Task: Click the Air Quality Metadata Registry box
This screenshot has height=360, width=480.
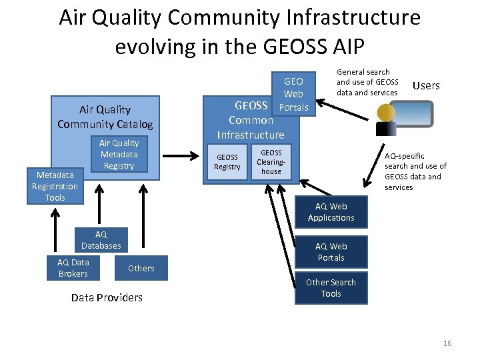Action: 119,155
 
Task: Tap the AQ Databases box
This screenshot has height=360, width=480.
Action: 101,240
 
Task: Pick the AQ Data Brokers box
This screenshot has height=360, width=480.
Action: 73,268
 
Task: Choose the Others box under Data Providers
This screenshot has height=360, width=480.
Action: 141,268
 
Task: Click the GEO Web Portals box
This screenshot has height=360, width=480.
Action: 293,94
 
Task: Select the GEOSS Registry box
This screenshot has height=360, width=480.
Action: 227,162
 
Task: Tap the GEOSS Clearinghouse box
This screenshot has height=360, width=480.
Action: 271,162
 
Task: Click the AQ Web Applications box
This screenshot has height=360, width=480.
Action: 331,212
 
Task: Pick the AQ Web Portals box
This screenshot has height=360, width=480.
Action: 331,252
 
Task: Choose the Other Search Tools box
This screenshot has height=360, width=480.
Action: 331,288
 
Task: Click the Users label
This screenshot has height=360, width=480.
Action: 426,85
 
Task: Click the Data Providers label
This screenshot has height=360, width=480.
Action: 107,297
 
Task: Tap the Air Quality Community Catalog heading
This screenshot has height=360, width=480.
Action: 105,117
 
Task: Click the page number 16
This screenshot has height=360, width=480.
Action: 447,343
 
